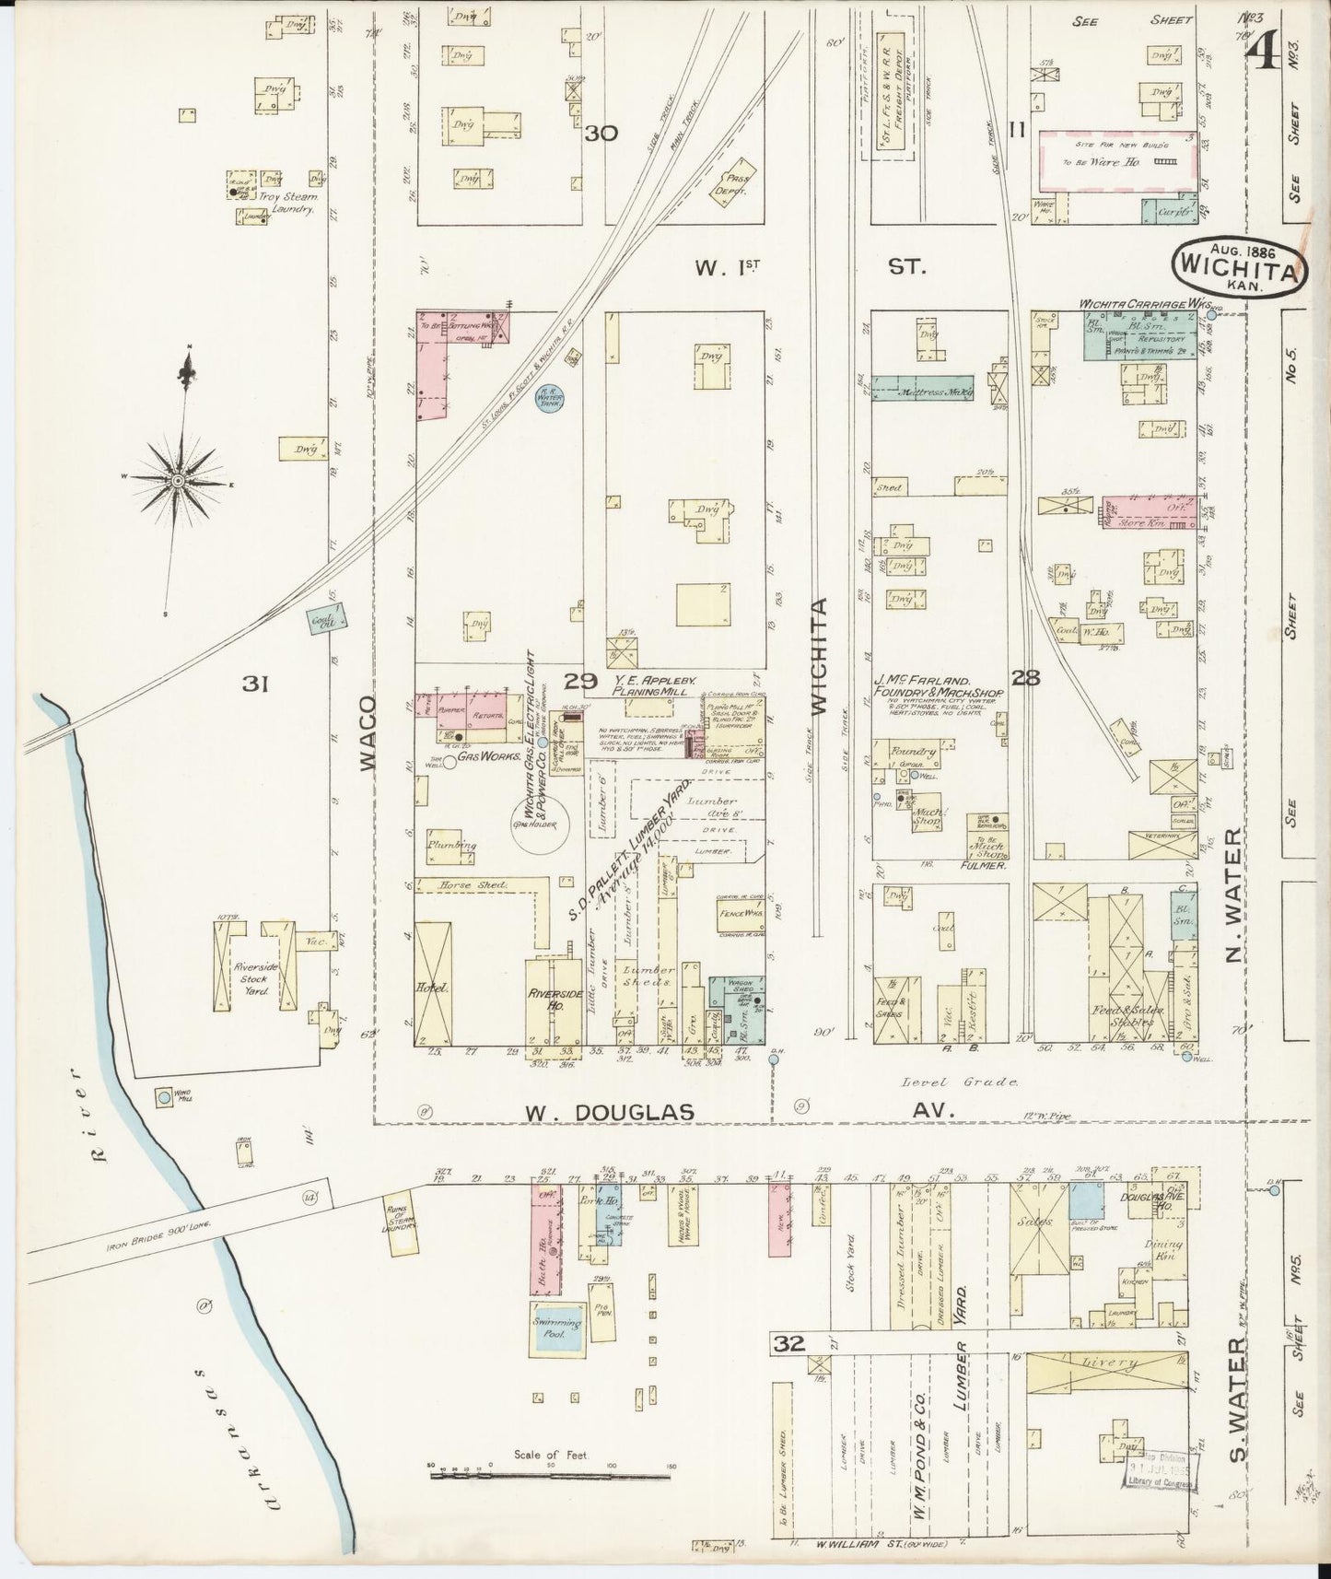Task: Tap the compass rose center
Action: point(176,481)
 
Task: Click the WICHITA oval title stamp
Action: point(1240,267)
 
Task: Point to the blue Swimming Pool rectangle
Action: point(555,1327)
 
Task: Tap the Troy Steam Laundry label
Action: point(293,203)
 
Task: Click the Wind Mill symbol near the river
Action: point(164,1097)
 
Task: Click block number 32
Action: point(789,1344)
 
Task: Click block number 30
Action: point(600,133)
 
